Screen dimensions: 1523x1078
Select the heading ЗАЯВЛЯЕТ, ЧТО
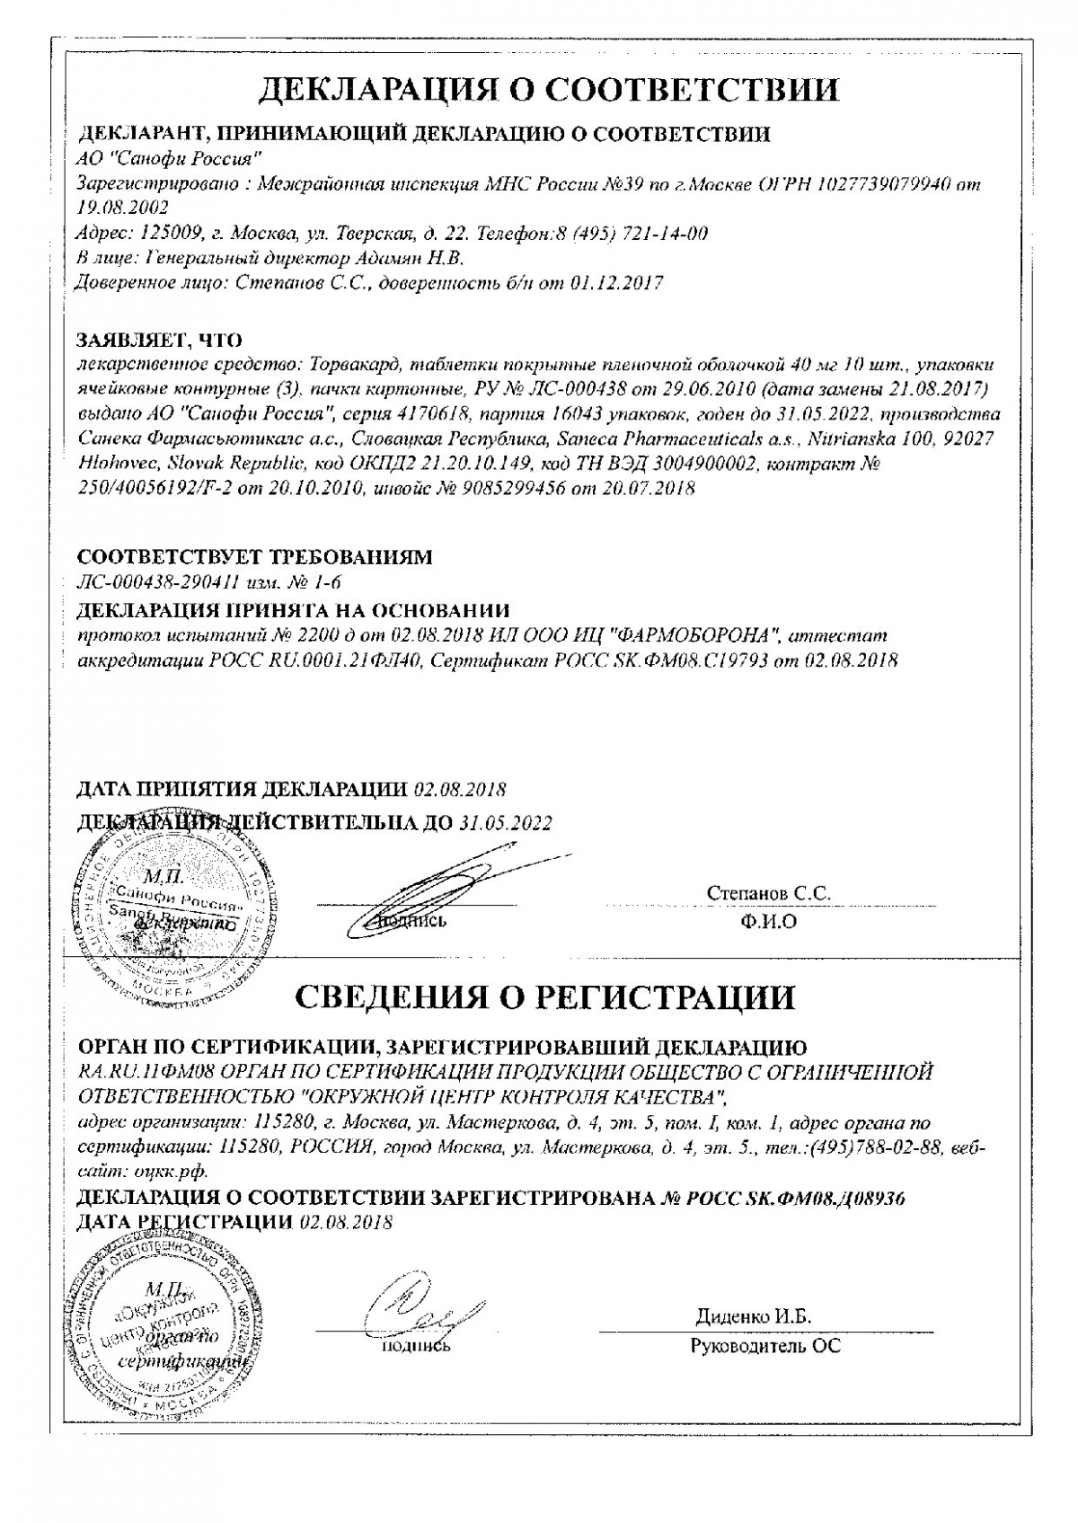coord(160,340)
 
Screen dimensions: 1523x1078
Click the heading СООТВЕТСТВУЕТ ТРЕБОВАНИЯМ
coord(255,557)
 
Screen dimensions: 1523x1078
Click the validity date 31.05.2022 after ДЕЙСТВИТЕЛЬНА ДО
coord(506,822)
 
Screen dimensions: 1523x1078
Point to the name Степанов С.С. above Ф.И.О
coord(768,893)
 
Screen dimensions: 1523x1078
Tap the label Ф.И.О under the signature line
coord(769,922)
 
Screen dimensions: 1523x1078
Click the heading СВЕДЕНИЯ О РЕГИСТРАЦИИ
coord(545,996)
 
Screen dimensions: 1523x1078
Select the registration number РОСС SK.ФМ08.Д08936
coord(795,1198)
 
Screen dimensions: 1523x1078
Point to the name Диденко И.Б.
coord(753,1316)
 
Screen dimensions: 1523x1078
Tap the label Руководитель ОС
coord(765,1346)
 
